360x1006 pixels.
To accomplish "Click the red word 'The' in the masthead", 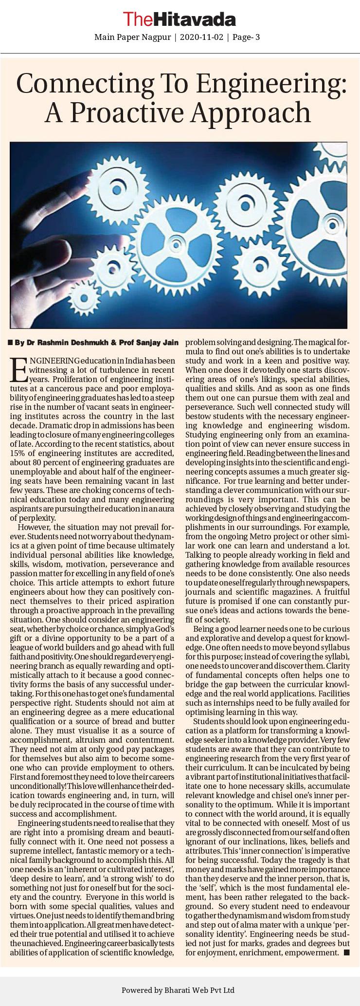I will point(138,19).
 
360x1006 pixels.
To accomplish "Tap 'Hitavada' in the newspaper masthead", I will point(195,19).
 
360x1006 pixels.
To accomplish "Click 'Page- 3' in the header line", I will point(246,37).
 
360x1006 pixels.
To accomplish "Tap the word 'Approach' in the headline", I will point(251,113).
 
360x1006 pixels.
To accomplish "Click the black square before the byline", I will point(10,343).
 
